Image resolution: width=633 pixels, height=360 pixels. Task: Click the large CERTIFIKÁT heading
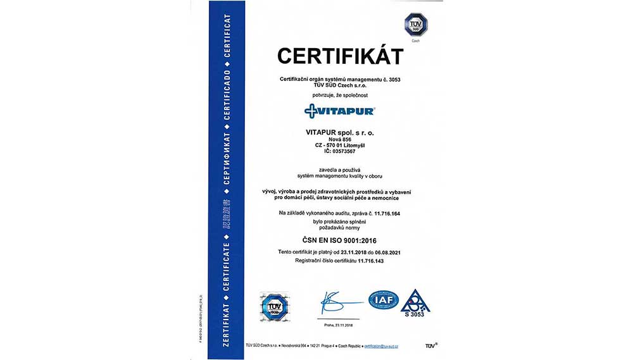point(340,56)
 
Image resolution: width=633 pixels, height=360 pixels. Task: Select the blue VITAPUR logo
point(339,111)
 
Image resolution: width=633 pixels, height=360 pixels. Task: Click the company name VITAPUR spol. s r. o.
point(339,132)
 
